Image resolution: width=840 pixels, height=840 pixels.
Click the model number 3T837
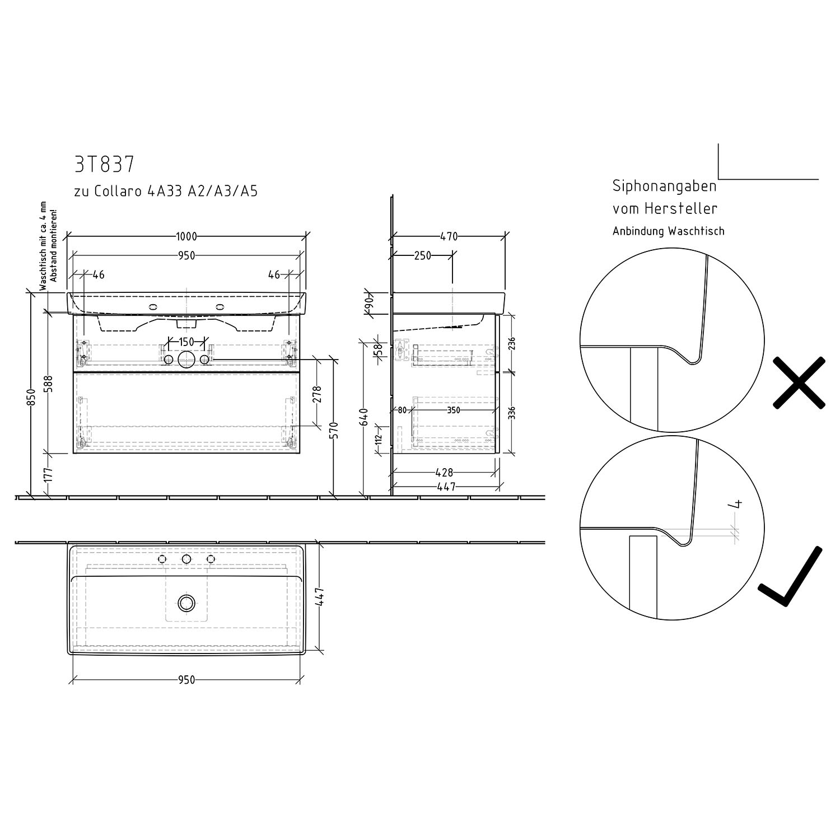(104, 165)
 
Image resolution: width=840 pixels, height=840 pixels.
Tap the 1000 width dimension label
(186, 237)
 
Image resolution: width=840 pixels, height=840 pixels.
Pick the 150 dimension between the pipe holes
(186, 342)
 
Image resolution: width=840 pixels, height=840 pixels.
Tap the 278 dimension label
(318, 395)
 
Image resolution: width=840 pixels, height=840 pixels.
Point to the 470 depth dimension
(449, 237)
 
